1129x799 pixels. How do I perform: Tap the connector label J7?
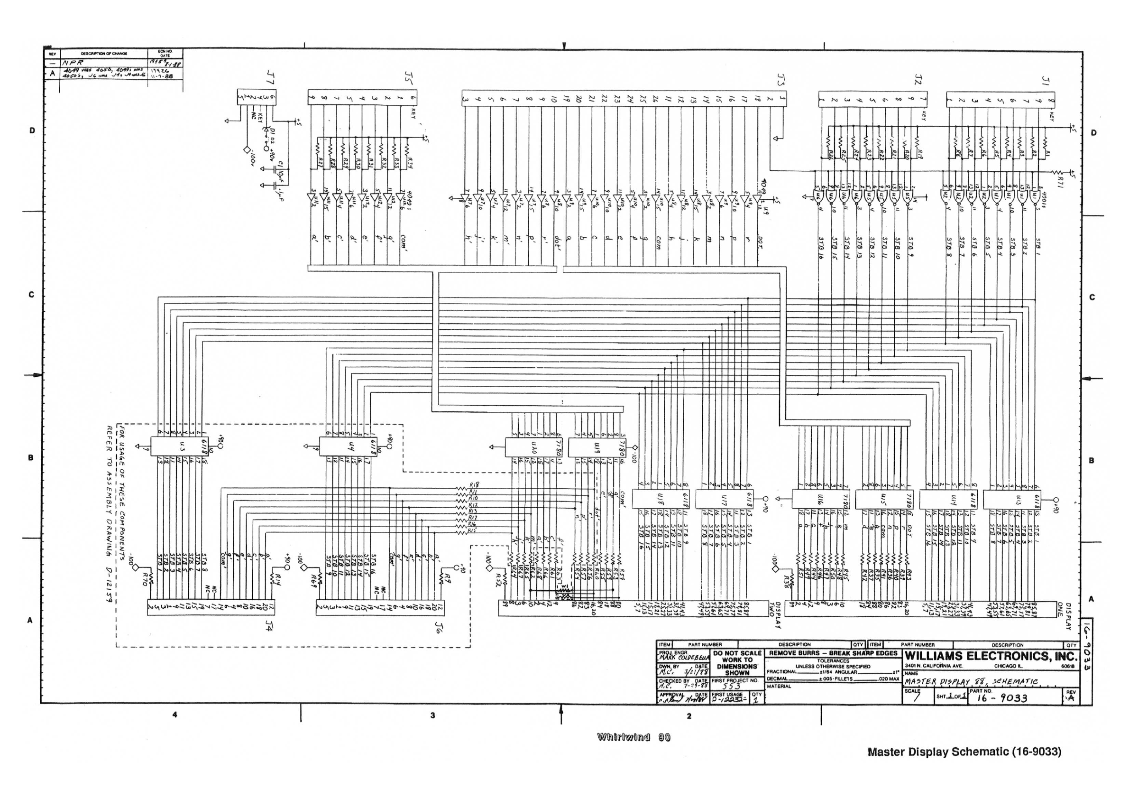(x=270, y=77)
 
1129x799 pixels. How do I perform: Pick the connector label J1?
(x=1046, y=81)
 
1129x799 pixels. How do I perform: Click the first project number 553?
(x=732, y=687)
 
